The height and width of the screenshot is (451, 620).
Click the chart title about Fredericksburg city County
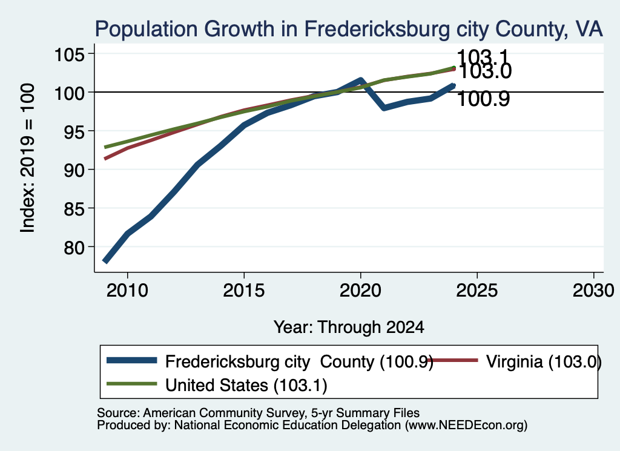tap(349, 29)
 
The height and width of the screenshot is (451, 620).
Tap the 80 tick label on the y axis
tap(74, 247)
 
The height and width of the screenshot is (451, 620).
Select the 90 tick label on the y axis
tap(74, 170)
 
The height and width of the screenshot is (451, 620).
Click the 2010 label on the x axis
tap(127, 291)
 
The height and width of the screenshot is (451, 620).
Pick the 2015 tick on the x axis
tap(244, 291)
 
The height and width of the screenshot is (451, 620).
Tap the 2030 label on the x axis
tap(593, 291)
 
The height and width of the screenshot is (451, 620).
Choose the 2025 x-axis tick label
tap(477, 291)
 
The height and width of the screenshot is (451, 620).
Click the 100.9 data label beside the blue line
tap(483, 99)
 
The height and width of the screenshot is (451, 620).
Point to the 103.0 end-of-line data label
tap(485, 71)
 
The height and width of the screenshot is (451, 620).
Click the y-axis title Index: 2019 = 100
tap(28, 158)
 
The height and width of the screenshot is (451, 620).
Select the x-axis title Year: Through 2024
tap(349, 328)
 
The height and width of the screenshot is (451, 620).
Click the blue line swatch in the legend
tap(131, 360)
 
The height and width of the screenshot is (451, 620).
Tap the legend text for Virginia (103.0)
tap(544, 362)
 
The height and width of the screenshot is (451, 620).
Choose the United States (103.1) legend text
tap(246, 386)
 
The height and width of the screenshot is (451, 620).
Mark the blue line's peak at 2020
tap(360, 81)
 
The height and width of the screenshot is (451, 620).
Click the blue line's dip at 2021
tap(384, 108)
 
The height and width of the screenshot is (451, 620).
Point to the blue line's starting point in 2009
tap(105, 262)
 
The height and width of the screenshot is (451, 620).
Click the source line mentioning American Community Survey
tap(258, 413)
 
